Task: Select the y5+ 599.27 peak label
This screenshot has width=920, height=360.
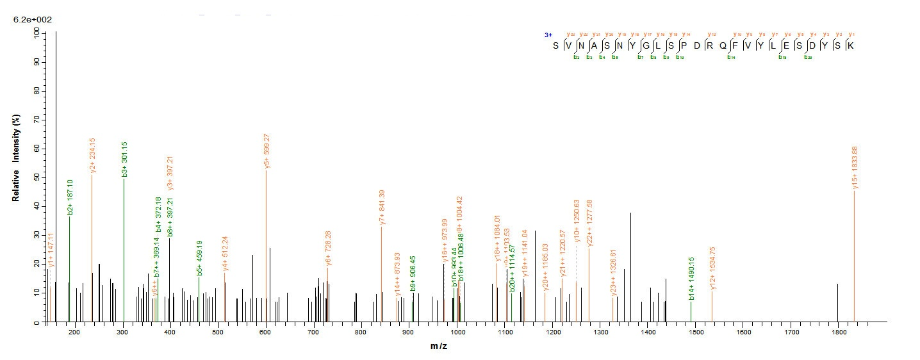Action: point(267,151)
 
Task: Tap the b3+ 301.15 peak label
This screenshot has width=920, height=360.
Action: point(125,159)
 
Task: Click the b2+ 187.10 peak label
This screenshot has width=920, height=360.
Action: point(70,197)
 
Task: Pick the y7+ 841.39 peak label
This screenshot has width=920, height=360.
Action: point(382,207)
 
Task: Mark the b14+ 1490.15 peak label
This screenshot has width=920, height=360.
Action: point(691,279)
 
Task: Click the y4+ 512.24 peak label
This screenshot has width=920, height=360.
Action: point(225,253)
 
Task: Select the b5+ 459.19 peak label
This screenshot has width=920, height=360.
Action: point(199,258)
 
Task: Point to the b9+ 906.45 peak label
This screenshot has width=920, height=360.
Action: point(413,274)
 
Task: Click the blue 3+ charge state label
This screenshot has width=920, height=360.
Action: point(548,36)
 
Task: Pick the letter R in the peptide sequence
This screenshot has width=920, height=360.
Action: point(710,45)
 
